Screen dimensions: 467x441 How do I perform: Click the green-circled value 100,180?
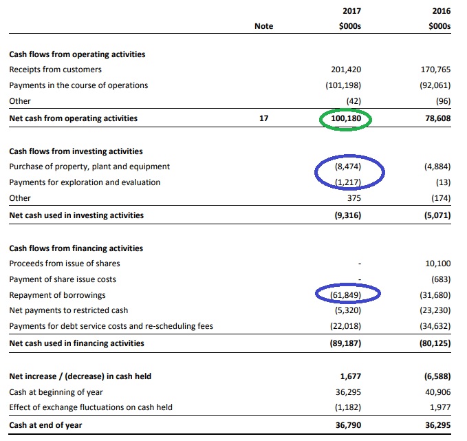[346, 118]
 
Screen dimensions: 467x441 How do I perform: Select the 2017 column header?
[351, 11]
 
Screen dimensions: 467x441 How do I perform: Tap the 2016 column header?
[442, 11]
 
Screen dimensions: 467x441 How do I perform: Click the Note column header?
[264, 26]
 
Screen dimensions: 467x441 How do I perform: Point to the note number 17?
[264, 118]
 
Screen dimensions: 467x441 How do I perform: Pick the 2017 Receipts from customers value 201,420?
[346, 69]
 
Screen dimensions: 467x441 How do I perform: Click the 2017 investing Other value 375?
[354, 198]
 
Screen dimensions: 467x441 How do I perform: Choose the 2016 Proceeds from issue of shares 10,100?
[438, 263]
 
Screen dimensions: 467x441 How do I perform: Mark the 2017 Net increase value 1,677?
[351, 376]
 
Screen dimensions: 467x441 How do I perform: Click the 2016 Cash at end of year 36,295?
[438, 425]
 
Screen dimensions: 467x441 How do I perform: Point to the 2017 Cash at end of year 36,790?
[349, 425]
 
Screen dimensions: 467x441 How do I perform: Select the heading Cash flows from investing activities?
[76, 151]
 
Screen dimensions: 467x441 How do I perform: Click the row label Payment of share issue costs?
[63, 279]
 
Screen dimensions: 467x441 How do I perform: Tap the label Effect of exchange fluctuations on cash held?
[91, 407]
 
